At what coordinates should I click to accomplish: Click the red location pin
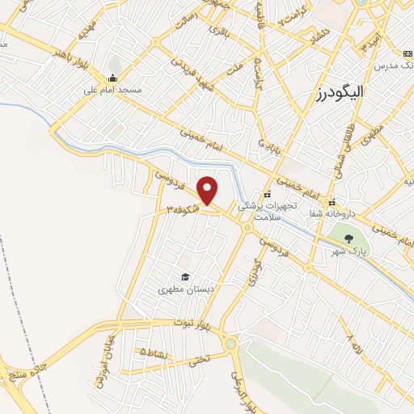click(x=208, y=191)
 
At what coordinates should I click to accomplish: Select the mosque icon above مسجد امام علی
click(x=112, y=78)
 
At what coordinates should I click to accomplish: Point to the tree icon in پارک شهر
click(x=348, y=239)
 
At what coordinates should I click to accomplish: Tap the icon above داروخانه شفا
click(x=331, y=202)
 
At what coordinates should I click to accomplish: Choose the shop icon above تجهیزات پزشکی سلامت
click(x=268, y=195)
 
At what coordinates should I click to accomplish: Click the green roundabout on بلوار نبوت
click(x=232, y=344)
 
